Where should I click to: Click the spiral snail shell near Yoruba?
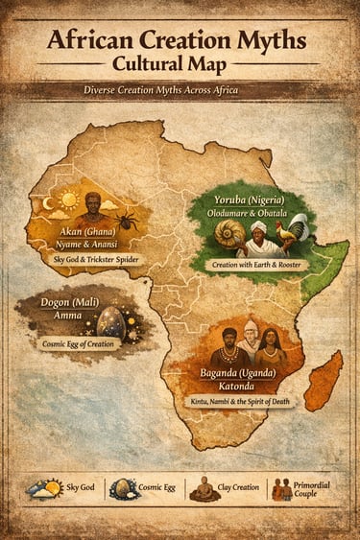click(x=233, y=234)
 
